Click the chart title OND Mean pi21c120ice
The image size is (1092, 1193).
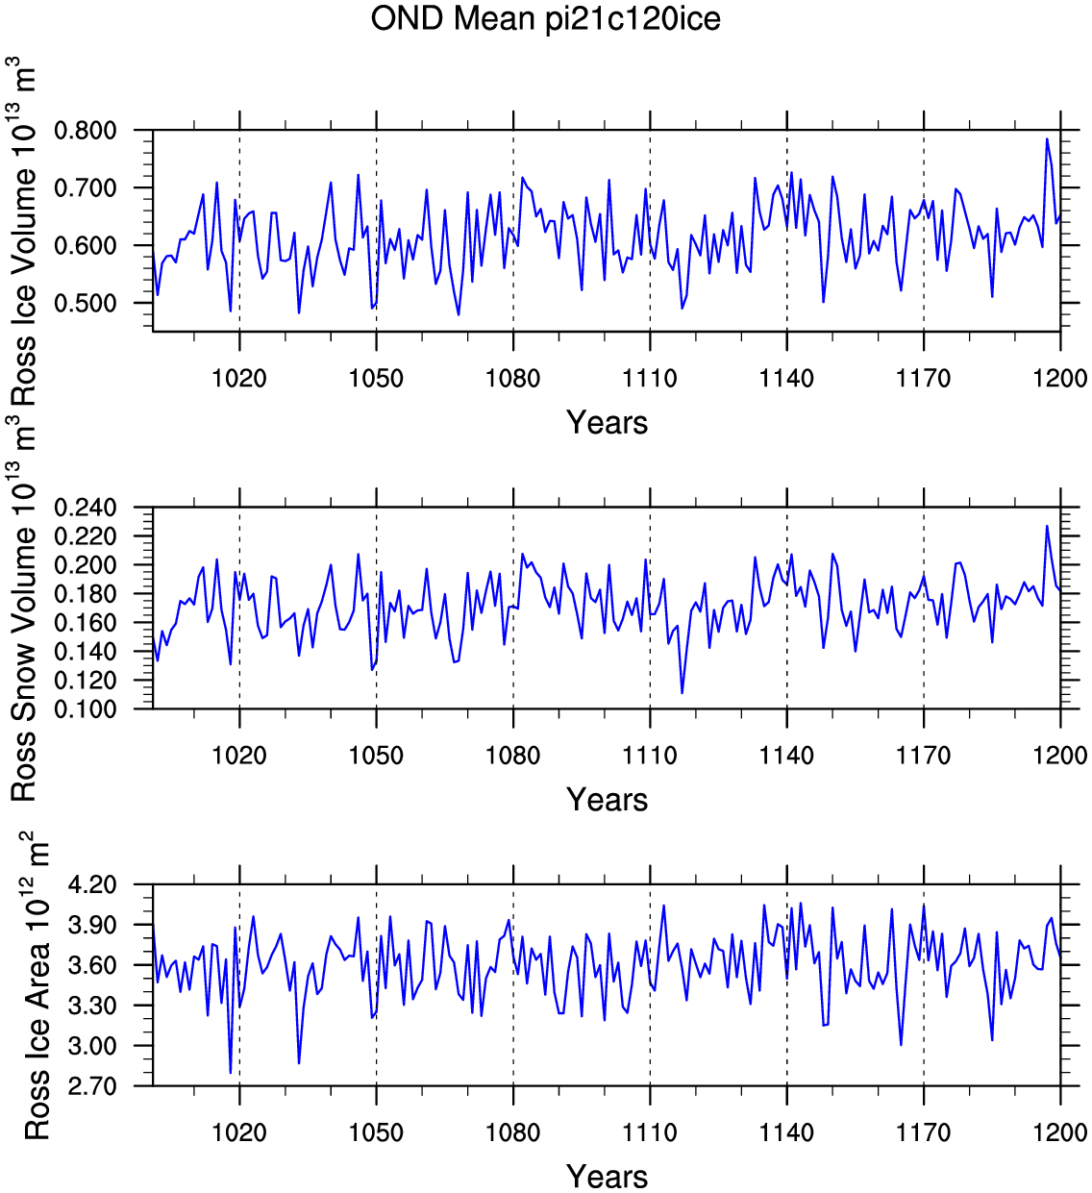point(545,19)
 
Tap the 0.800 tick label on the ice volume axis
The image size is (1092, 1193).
point(86,130)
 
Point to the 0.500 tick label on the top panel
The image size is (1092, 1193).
point(86,303)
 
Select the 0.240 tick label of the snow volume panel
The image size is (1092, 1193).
point(86,508)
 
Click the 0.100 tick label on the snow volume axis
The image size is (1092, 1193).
point(86,708)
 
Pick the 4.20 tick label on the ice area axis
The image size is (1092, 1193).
point(93,884)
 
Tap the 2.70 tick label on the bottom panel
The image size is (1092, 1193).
point(93,1086)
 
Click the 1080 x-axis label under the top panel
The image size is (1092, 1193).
point(512,378)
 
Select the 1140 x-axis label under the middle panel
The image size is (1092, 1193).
point(786,756)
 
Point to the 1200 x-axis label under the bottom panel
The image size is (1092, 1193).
point(1060,1132)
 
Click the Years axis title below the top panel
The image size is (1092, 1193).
point(607,423)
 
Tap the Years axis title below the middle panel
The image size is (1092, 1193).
point(607,800)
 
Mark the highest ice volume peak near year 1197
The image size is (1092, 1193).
point(1047,139)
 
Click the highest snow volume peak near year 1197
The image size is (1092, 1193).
point(1047,526)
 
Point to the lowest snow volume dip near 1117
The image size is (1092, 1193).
point(682,693)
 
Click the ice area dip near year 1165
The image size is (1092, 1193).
point(901,1045)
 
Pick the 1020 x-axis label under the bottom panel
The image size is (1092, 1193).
point(239,1132)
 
